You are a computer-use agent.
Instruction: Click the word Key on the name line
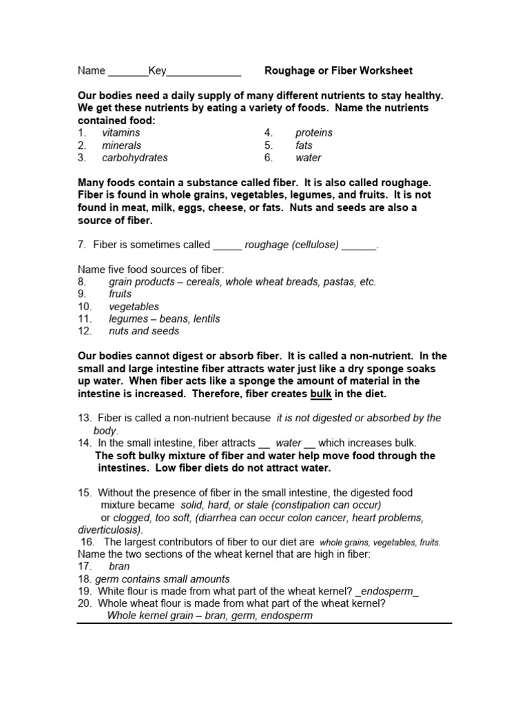click(157, 70)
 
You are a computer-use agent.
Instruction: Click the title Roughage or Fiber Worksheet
click(338, 70)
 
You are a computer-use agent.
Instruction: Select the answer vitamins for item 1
click(121, 132)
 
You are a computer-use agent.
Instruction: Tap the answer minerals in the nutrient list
click(121, 145)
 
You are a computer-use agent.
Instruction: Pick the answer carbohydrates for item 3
click(134, 157)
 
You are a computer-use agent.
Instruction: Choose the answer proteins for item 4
click(313, 132)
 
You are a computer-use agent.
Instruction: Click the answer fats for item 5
click(304, 145)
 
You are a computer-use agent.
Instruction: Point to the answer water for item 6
click(309, 157)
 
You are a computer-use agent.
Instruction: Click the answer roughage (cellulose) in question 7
click(292, 244)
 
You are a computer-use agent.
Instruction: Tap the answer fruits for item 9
click(120, 294)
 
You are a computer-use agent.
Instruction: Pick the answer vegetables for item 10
click(134, 306)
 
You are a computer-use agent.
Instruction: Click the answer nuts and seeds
click(144, 331)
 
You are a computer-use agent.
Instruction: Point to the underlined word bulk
click(321, 394)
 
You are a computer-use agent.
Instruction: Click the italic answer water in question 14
click(289, 443)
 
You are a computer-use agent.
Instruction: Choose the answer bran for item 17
click(119, 566)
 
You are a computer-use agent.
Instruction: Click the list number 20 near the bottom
click(85, 603)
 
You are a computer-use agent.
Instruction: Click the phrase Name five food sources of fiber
click(151, 270)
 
